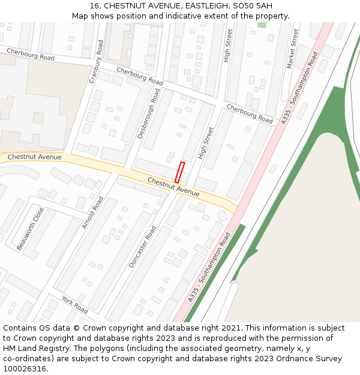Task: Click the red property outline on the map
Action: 179,172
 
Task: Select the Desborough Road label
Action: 149,114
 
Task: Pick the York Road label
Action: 74,304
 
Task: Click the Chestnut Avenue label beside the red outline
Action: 173,187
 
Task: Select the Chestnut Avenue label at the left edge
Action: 35,157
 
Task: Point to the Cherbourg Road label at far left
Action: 31,55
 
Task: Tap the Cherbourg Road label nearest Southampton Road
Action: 249,113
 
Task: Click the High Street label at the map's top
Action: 227,46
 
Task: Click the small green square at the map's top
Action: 262,25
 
